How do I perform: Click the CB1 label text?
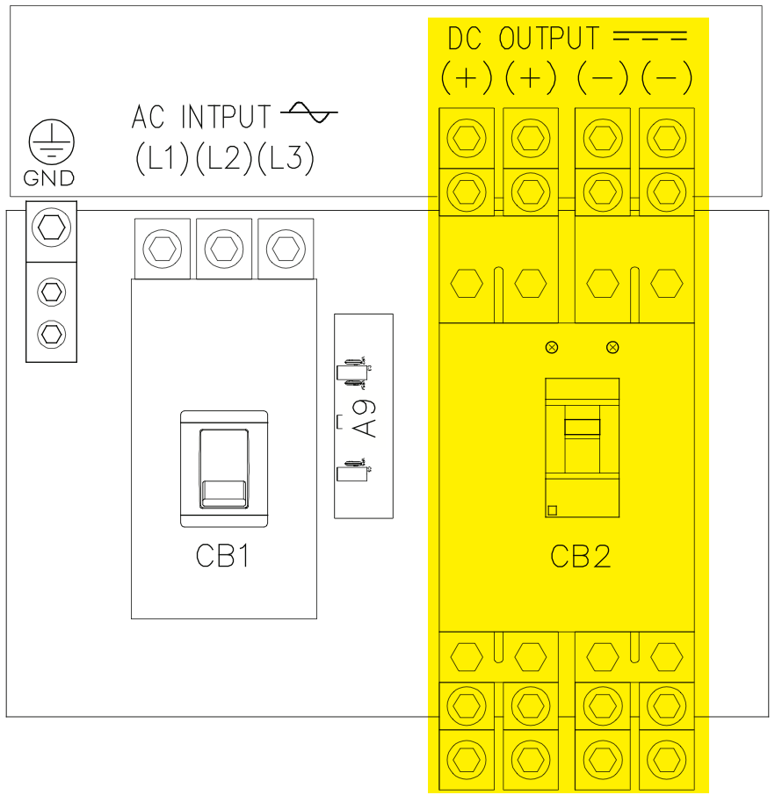[222, 555]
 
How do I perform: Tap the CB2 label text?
[580, 555]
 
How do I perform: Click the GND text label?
[49, 179]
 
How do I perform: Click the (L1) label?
[163, 158]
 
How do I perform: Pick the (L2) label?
[224, 158]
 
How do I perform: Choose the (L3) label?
[286, 158]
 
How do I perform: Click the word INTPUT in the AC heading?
[227, 116]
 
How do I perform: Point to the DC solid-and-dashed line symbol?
[648, 38]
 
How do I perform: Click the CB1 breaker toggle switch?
[222, 467]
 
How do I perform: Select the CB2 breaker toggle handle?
[582, 428]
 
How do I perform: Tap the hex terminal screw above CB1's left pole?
[163, 249]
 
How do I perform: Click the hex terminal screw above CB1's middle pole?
[224, 249]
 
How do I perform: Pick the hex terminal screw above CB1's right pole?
[286, 249]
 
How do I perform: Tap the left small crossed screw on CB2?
[552, 347]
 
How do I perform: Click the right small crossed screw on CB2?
[612, 347]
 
